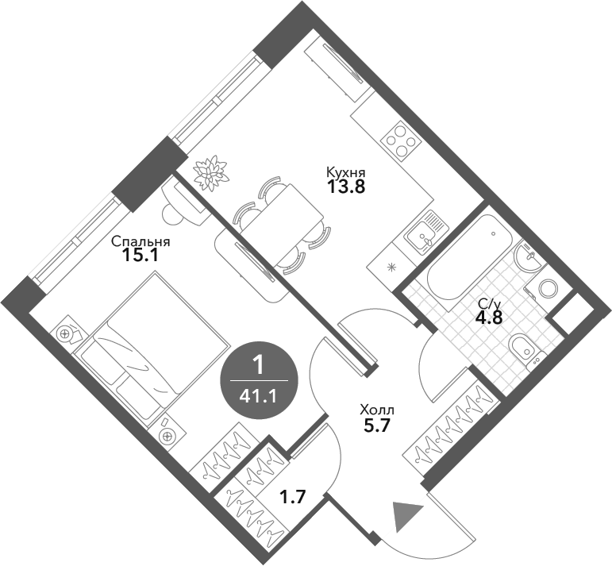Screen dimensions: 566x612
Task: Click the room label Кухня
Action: coord(345,171)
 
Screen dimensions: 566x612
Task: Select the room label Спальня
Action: coord(141,241)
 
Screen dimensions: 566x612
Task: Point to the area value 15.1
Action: coord(141,256)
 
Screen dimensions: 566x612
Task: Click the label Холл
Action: coord(376,410)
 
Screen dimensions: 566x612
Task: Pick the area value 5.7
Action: coord(377,426)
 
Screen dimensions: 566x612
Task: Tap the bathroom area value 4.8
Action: coord(488,318)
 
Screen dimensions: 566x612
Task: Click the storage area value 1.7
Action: coord(293,499)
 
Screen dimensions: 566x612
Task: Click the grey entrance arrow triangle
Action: coord(405,516)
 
